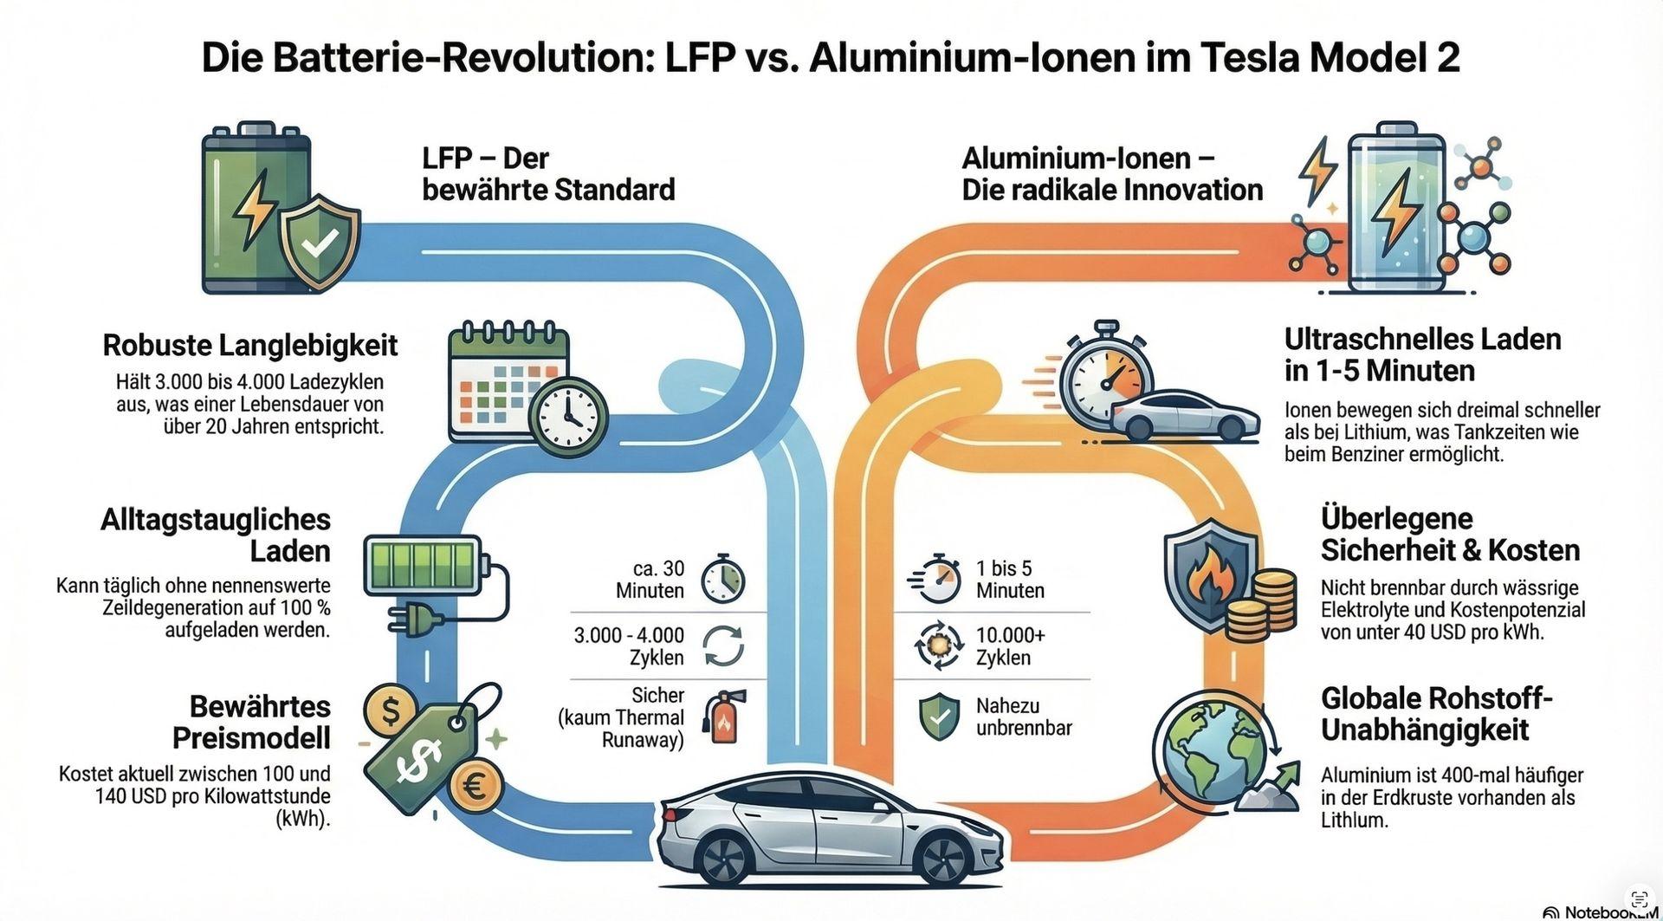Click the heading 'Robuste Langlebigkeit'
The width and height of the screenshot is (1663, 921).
click(x=250, y=345)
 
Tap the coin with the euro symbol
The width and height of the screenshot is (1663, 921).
click(x=476, y=786)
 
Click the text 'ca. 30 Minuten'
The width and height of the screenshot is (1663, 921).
click(x=650, y=580)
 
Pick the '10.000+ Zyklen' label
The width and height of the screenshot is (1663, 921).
click(x=1011, y=646)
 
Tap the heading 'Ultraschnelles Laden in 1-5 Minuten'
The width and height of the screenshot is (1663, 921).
click(x=1422, y=354)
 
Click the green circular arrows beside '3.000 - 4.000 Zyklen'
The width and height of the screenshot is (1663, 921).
click(x=722, y=646)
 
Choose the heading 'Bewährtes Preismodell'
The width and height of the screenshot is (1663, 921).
click(x=251, y=722)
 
